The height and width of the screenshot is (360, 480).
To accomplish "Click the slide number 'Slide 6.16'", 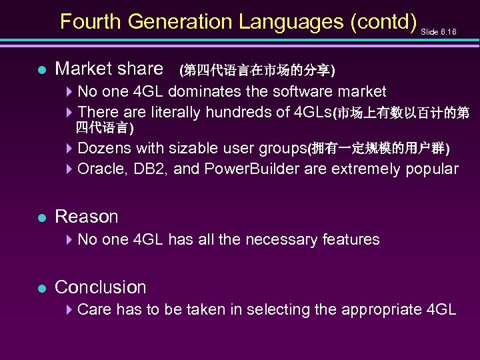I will point(439,32).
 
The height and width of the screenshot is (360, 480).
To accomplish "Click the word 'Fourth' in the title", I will point(91,21).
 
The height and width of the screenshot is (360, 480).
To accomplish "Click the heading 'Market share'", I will point(109,68).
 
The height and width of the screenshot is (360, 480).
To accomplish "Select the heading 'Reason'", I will point(86,217).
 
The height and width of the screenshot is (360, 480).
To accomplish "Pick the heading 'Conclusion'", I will point(100,287).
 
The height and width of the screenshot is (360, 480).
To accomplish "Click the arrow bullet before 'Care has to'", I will point(70,309).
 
